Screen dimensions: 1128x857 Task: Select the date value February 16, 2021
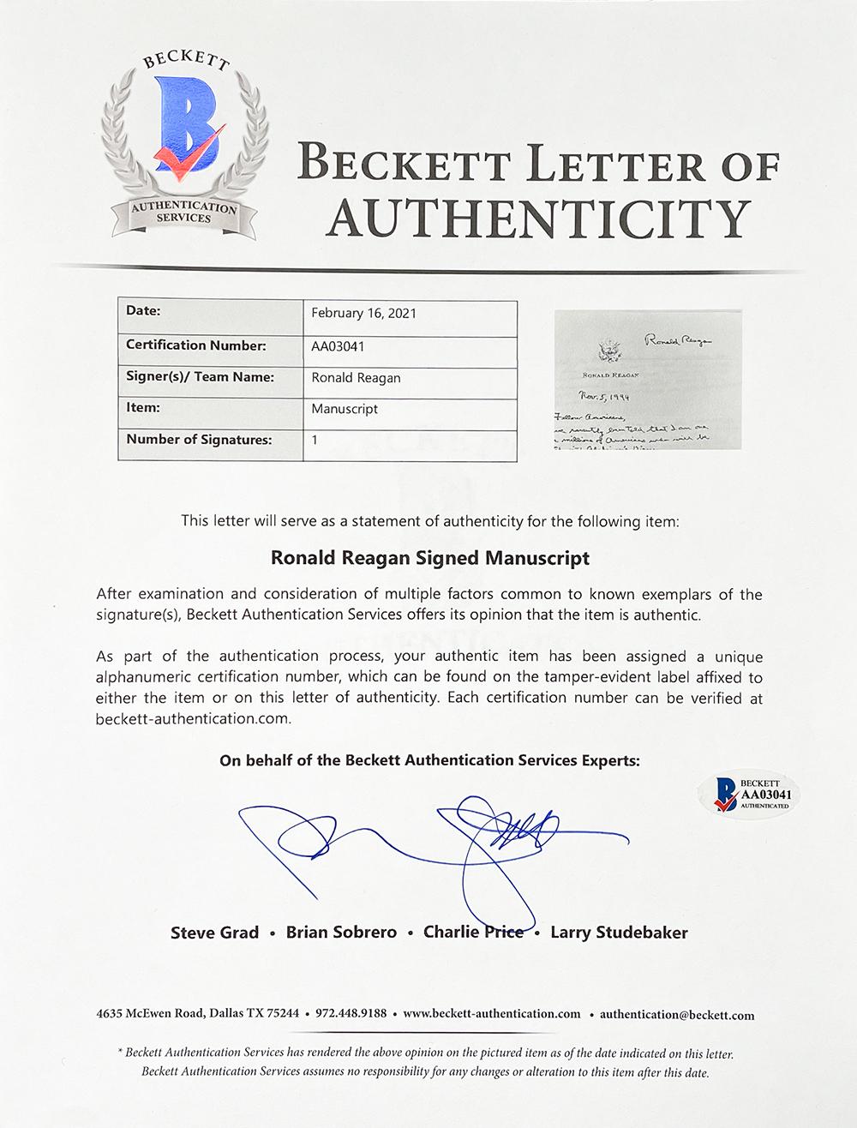(363, 313)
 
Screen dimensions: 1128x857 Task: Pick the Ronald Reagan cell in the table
(356, 377)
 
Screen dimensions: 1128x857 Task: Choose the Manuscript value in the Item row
(345, 409)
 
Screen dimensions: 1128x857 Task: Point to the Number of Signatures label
(199, 440)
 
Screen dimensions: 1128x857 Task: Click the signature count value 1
(315, 441)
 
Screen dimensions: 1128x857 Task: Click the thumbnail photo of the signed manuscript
(648, 381)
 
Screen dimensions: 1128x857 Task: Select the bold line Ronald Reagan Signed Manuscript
(430, 558)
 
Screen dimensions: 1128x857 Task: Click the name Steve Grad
(215, 933)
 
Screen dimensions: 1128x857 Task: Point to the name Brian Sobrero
(341, 933)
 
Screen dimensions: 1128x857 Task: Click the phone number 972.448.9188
(351, 1014)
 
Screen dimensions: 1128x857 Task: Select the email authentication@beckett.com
(677, 1015)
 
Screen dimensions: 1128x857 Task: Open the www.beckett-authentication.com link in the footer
(491, 1014)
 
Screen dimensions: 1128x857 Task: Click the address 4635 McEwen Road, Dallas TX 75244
(198, 1014)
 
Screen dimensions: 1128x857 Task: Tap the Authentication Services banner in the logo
(182, 213)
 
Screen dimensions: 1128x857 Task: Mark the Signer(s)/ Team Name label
(200, 377)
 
